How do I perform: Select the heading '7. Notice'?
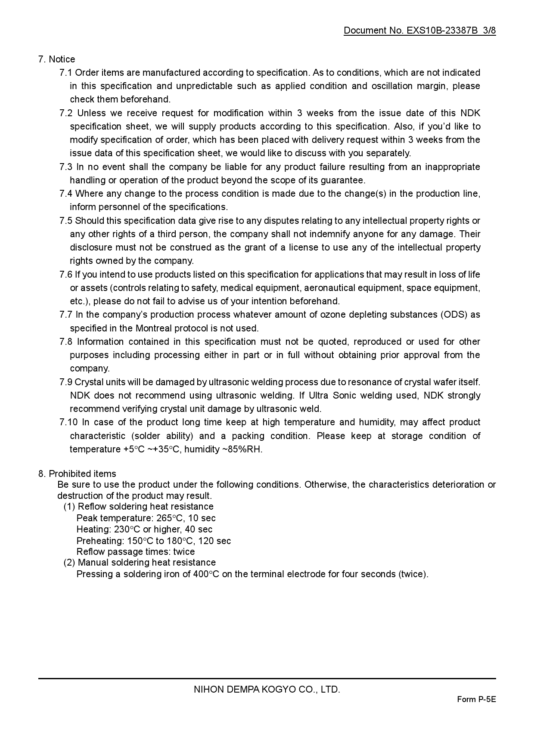56,59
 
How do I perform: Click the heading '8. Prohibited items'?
77,474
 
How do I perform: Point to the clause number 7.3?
66,167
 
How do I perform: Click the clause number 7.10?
68,422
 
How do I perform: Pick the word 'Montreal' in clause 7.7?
154,328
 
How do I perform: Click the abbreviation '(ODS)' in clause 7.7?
453,315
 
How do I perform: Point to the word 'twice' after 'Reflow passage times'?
184,552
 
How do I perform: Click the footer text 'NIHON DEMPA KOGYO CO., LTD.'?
267,690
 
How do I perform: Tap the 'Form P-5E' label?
476,699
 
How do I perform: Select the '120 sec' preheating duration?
214,541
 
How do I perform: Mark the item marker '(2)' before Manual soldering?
69,563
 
